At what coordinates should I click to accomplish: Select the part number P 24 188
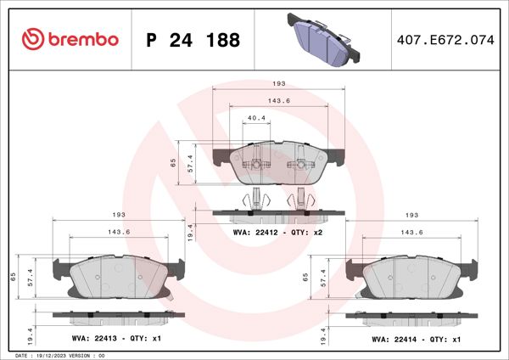(193, 40)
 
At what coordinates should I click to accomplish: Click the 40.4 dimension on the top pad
(255, 118)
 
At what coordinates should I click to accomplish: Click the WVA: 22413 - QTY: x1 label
(117, 339)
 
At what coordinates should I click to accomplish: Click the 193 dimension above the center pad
(277, 84)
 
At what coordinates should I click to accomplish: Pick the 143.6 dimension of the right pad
(411, 232)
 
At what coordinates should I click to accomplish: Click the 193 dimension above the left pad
(120, 215)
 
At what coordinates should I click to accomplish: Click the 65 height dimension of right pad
(306, 277)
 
